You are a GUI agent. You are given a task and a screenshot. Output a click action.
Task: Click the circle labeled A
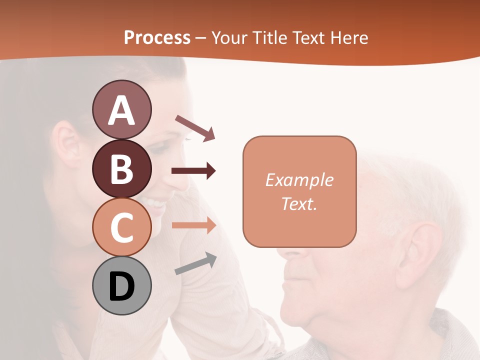[x=121, y=109]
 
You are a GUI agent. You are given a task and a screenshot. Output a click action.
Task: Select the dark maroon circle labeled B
[x=121, y=168]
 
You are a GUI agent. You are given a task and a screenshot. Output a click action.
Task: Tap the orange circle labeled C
[x=121, y=227]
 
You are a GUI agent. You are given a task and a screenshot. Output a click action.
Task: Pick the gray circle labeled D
[x=121, y=285]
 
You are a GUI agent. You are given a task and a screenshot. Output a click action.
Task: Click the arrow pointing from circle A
[x=195, y=127]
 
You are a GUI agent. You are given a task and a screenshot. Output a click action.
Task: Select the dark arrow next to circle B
[x=193, y=171]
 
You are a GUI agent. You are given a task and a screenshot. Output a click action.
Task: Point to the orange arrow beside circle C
[x=193, y=225]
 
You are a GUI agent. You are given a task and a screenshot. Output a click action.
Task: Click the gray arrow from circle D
[x=195, y=264]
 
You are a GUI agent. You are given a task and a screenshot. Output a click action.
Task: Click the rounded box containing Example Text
[x=299, y=191]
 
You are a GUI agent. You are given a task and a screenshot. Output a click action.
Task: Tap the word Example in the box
[x=299, y=180]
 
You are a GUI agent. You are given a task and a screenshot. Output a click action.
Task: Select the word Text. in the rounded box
[x=299, y=203]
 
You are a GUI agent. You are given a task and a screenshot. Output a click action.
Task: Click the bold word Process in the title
[x=157, y=37]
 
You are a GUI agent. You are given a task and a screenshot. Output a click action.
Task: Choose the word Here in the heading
[x=348, y=37]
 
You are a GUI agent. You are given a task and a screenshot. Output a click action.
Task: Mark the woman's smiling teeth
[x=153, y=203]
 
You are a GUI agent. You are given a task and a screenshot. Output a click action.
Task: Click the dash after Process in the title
[x=201, y=38]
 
